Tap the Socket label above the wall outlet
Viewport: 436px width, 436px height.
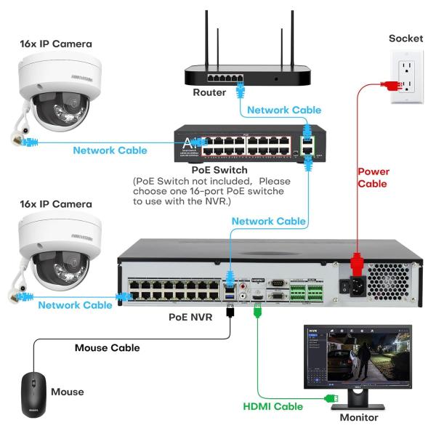(405, 38)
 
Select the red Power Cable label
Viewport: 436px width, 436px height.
(373, 178)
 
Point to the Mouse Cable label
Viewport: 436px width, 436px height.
(107, 348)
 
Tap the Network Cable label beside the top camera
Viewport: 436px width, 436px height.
(110, 150)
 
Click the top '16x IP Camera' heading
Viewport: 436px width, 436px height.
(56, 44)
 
